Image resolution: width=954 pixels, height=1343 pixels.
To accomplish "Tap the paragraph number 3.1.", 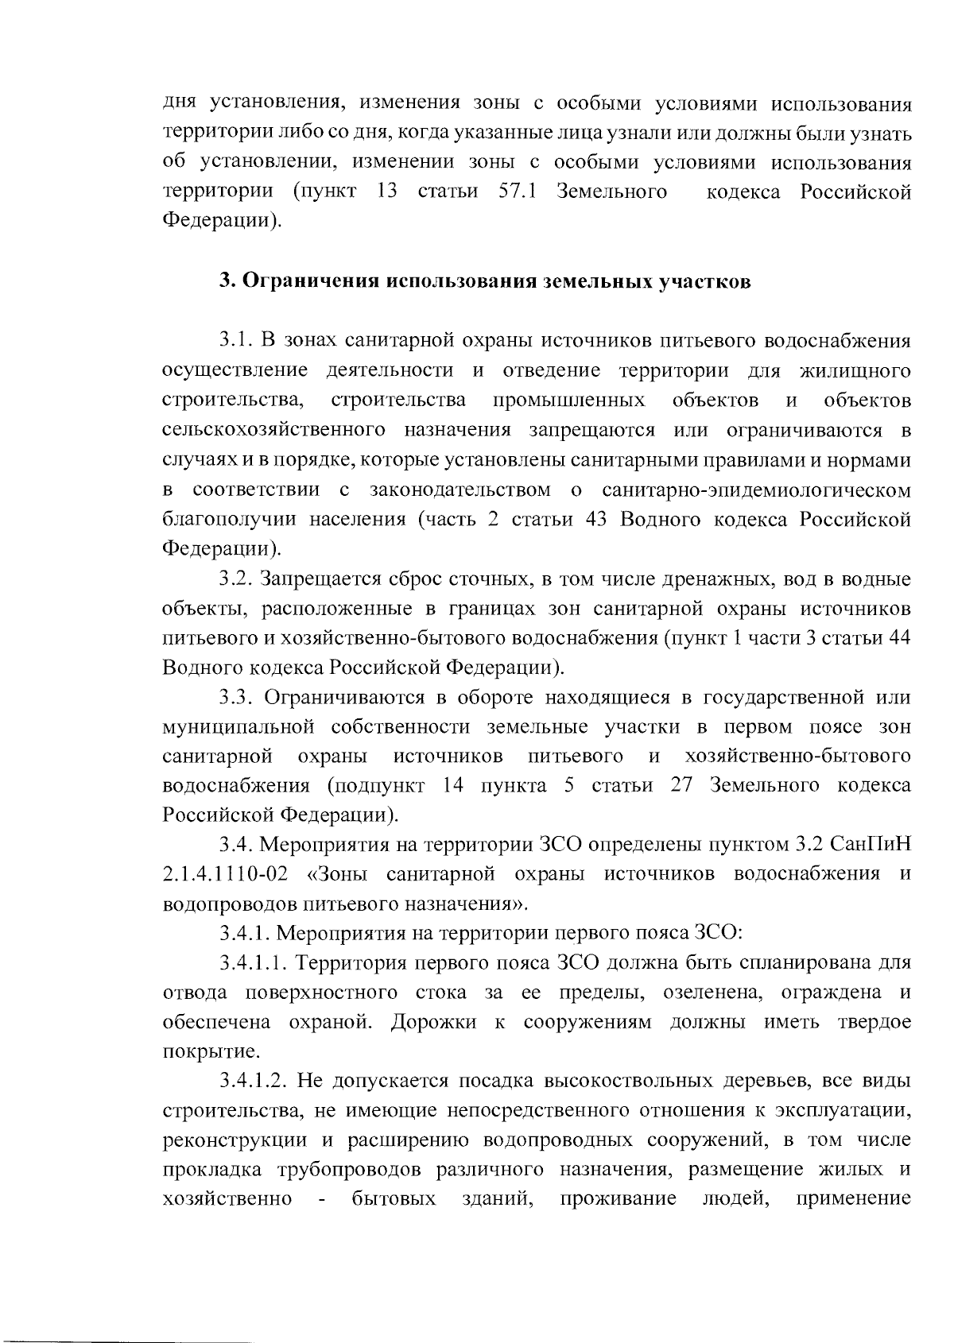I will click(236, 341).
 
